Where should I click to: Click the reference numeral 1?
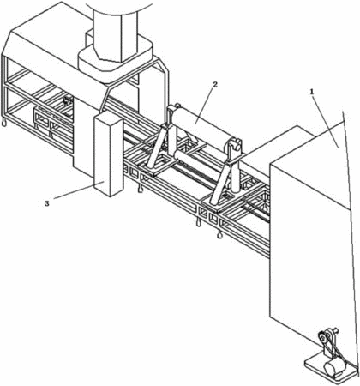(312, 92)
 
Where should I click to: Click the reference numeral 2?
(215, 85)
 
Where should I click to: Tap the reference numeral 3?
(47, 203)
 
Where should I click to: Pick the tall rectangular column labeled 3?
(109, 154)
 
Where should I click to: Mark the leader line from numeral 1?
(326, 122)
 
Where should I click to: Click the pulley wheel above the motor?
(323, 337)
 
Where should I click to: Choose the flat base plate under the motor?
(332, 371)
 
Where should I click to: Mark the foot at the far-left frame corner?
(4, 122)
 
